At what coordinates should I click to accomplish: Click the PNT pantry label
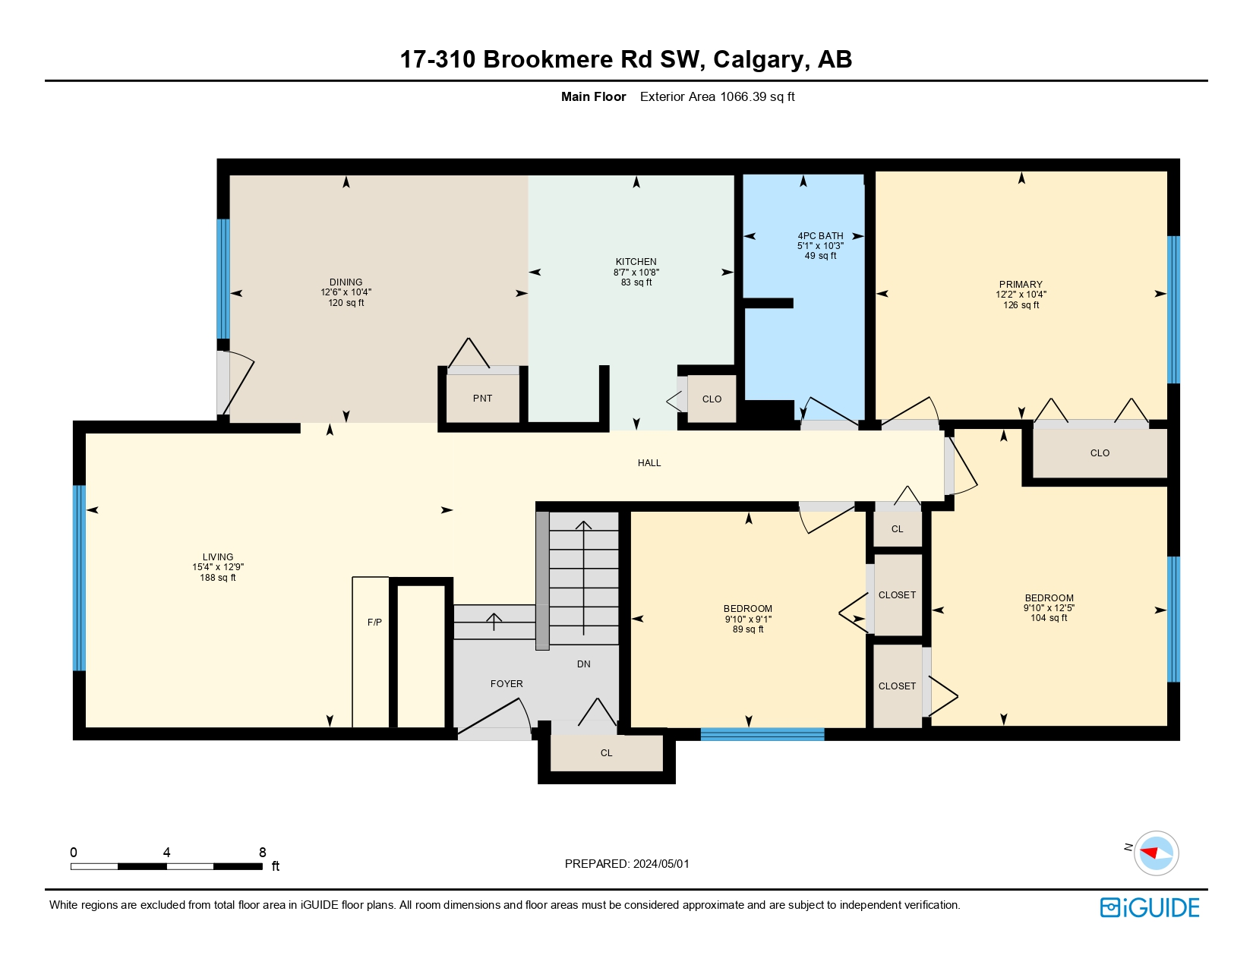pyautogui.click(x=482, y=399)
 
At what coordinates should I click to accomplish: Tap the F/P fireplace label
pyautogui.click(x=374, y=622)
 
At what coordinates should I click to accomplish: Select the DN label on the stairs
pyautogui.click(x=583, y=664)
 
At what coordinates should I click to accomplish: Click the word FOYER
pyautogui.click(x=507, y=684)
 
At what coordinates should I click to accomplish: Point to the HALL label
pyautogui.click(x=649, y=463)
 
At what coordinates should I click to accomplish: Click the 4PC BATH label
pyautogui.click(x=820, y=236)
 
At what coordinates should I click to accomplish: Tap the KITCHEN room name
pyautogui.click(x=636, y=262)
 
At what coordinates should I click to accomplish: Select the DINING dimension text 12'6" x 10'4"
pyautogui.click(x=346, y=292)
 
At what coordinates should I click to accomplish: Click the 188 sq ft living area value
pyautogui.click(x=217, y=578)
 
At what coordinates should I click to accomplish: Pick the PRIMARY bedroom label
pyautogui.click(x=1021, y=284)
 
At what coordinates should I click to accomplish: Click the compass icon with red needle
pyautogui.click(x=1156, y=853)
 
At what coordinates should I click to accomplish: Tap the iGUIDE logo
pyautogui.click(x=1149, y=908)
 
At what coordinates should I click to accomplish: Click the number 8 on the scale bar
pyautogui.click(x=262, y=852)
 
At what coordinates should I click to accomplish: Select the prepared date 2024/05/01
pyautogui.click(x=661, y=864)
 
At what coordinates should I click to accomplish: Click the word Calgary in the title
pyautogui.click(x=758, y=60)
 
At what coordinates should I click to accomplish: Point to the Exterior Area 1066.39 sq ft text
pyautogui.click(x=717, y=97)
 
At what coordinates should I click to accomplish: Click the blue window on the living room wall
pyautogui.click(x=79, y=579)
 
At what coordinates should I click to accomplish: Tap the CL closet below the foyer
pyautogui.click(x=606, y=753)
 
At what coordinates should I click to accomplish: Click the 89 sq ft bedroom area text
pyautogui.click(x=748, y=629)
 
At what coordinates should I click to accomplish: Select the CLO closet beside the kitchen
pyautogui.click(x=712, y=399)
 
